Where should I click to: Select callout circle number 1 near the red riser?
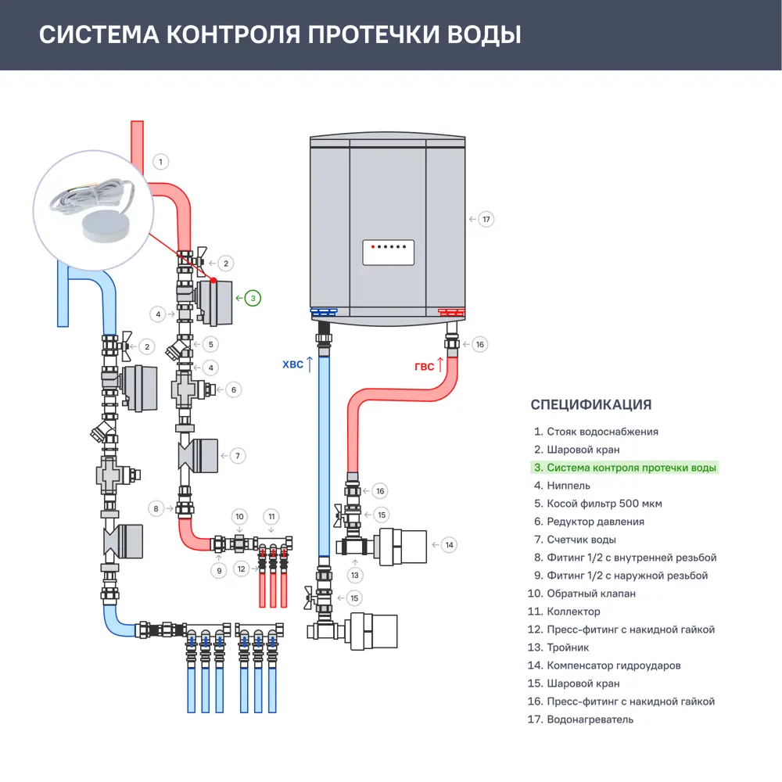coord(160,162)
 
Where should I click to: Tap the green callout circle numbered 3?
coord(253,298)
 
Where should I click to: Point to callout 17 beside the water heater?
coord(486,219)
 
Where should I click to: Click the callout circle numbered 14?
coord(449,545)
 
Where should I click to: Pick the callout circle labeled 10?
coord(240,516)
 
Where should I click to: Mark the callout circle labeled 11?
coord(271,516)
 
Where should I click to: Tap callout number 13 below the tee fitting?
coord(356,576)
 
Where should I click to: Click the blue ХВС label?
coord(291,364)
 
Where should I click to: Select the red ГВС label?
coord(424,366)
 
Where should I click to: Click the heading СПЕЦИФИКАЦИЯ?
coord(590,404)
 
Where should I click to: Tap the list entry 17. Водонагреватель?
coord(583,719)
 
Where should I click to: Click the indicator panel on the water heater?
coord(388,253)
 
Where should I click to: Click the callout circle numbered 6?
coord(232,389)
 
